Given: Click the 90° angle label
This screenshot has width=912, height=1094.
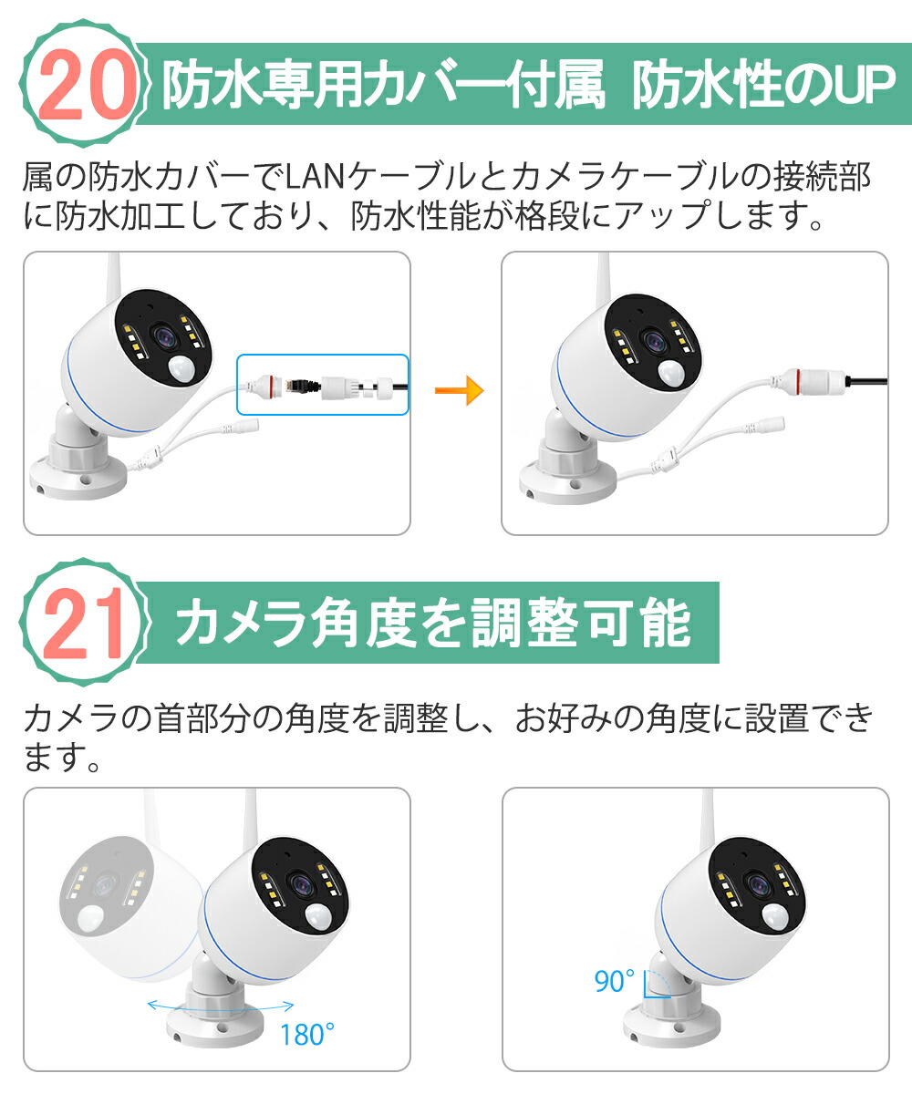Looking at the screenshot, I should click(614, 982).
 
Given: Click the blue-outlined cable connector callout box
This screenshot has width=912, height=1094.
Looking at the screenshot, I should click(323, 385).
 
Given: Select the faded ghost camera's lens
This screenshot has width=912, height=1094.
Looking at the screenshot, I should click(102, 883).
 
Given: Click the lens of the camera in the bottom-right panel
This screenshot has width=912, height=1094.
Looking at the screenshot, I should click(756, 883).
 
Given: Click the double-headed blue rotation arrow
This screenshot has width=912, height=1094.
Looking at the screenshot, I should click(220, 1006).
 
